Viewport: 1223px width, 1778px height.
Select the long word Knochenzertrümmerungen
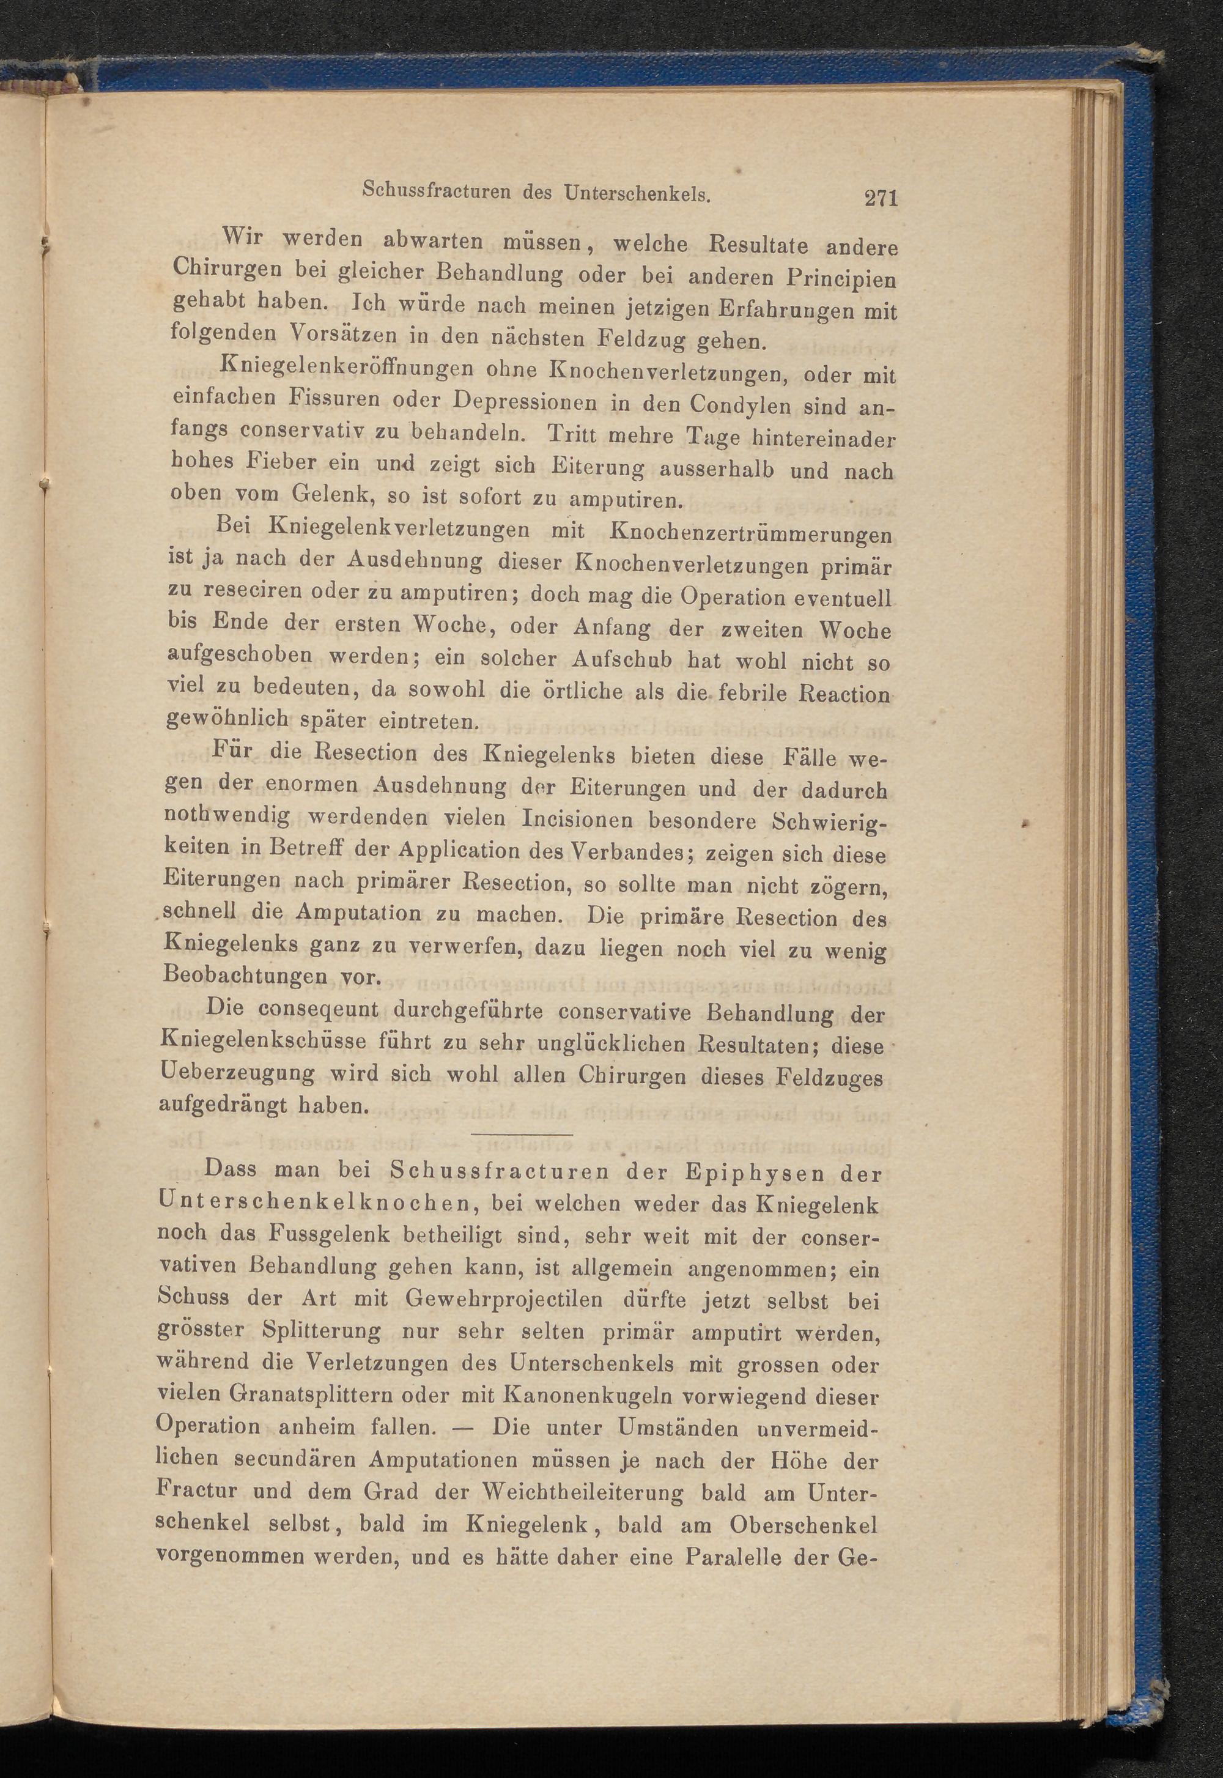click(x=750, y=534)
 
